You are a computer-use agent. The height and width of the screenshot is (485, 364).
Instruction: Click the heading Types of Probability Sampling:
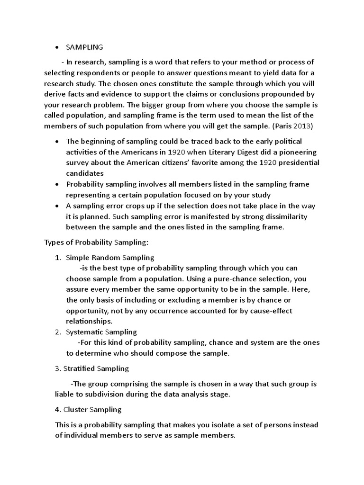(96, 242)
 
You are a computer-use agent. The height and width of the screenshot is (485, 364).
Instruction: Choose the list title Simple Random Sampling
(110, 258)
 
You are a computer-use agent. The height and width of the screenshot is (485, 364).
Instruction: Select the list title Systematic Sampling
(101, 332)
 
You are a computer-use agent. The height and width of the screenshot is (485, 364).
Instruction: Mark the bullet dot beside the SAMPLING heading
(57, 48)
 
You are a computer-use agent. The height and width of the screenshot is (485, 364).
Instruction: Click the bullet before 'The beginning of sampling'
(57, 142)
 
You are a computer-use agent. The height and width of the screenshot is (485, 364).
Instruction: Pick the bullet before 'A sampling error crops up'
(57, 206)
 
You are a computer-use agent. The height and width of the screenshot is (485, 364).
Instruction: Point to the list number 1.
(57, 258)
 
